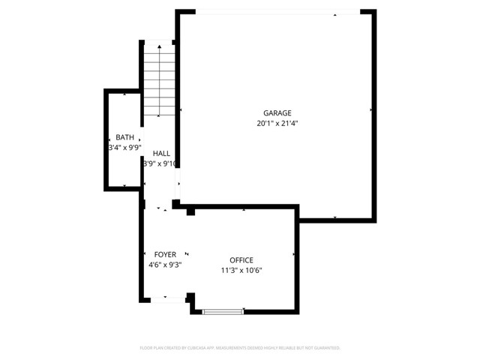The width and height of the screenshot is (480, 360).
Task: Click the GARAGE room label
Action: pyautogui.click(x=277, y=113)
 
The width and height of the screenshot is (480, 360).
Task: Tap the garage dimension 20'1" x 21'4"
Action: pyautogui.click(x=277, y=123)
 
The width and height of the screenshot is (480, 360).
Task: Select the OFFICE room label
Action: pyautogui.click(x=241, y=260)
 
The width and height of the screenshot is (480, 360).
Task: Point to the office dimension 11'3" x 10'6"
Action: pyautogui.click(x=241, y=271)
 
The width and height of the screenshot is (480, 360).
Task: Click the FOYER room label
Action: pyautogui.click(x=165, y=255)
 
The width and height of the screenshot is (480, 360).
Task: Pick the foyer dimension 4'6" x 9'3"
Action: pyautogui.click(x=165, y=265)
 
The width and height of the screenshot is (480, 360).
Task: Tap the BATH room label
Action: pyautogui.click(x=125, y=137)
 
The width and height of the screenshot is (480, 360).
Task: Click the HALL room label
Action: pyautogui.click(x=161, y=153)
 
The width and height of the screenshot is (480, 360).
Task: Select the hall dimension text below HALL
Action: pyautogui.click(x=160, y=163)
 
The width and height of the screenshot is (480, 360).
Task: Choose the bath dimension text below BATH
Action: pyautogui.click(x=124, y=148)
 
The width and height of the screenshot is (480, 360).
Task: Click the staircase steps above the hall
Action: pyautogui.click(x=158, y=82)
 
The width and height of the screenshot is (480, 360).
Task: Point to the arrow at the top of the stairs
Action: pyautogui.click(x=158, y=46)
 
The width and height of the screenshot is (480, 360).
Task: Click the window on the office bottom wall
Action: pyautogui.click(x=223, y=310)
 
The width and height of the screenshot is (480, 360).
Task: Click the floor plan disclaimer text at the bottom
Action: pyautogui.click(x=240, y=348)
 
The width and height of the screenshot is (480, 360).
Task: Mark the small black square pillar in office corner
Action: pyautogui.click(x=190, y=212)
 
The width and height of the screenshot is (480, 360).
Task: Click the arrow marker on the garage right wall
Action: pyautogui.click(x=370, y=110)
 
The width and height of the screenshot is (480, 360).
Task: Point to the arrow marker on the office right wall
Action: pyautogui.click(x=293, y=255)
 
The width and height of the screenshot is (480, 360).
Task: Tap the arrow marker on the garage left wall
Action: pyautogui.click(x=182, y=110)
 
